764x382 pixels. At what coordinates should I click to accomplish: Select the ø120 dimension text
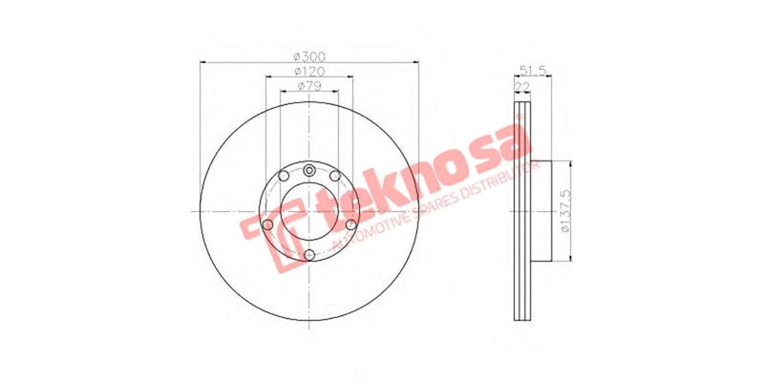308,72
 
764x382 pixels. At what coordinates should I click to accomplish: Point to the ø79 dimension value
308,86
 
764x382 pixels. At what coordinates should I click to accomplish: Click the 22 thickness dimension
522,86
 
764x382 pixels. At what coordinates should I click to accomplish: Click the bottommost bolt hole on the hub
310,253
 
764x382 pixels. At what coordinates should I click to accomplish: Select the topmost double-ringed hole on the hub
310,170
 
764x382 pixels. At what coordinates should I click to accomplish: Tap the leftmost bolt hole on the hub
268,225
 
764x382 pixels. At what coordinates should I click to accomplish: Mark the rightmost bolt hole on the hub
351,225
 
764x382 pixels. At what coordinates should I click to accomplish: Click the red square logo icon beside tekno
261,235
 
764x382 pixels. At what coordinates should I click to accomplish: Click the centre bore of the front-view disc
310,211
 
